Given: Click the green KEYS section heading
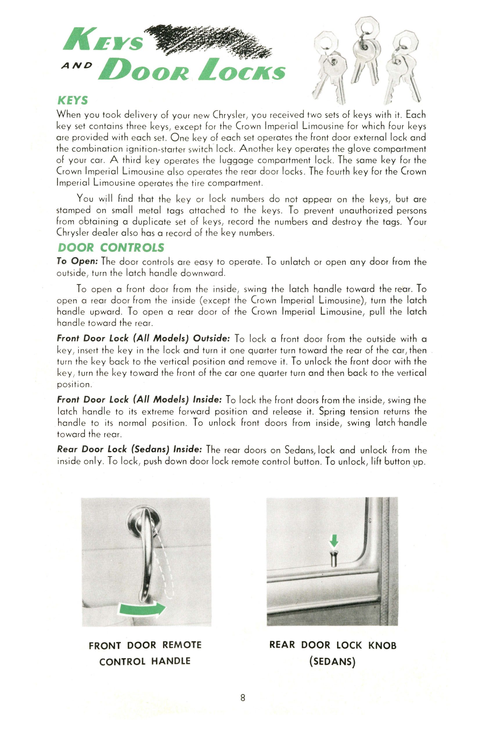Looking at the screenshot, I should (73, 101).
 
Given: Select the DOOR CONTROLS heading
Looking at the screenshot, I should (111, 248).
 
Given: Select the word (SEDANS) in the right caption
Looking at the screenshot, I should (332, 661).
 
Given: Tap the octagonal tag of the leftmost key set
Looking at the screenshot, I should (325, 44).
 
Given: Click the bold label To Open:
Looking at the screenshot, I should (78, 261).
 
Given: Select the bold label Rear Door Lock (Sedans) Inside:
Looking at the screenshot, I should (130, 449).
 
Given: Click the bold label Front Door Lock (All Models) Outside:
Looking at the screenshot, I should (143, 338).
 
